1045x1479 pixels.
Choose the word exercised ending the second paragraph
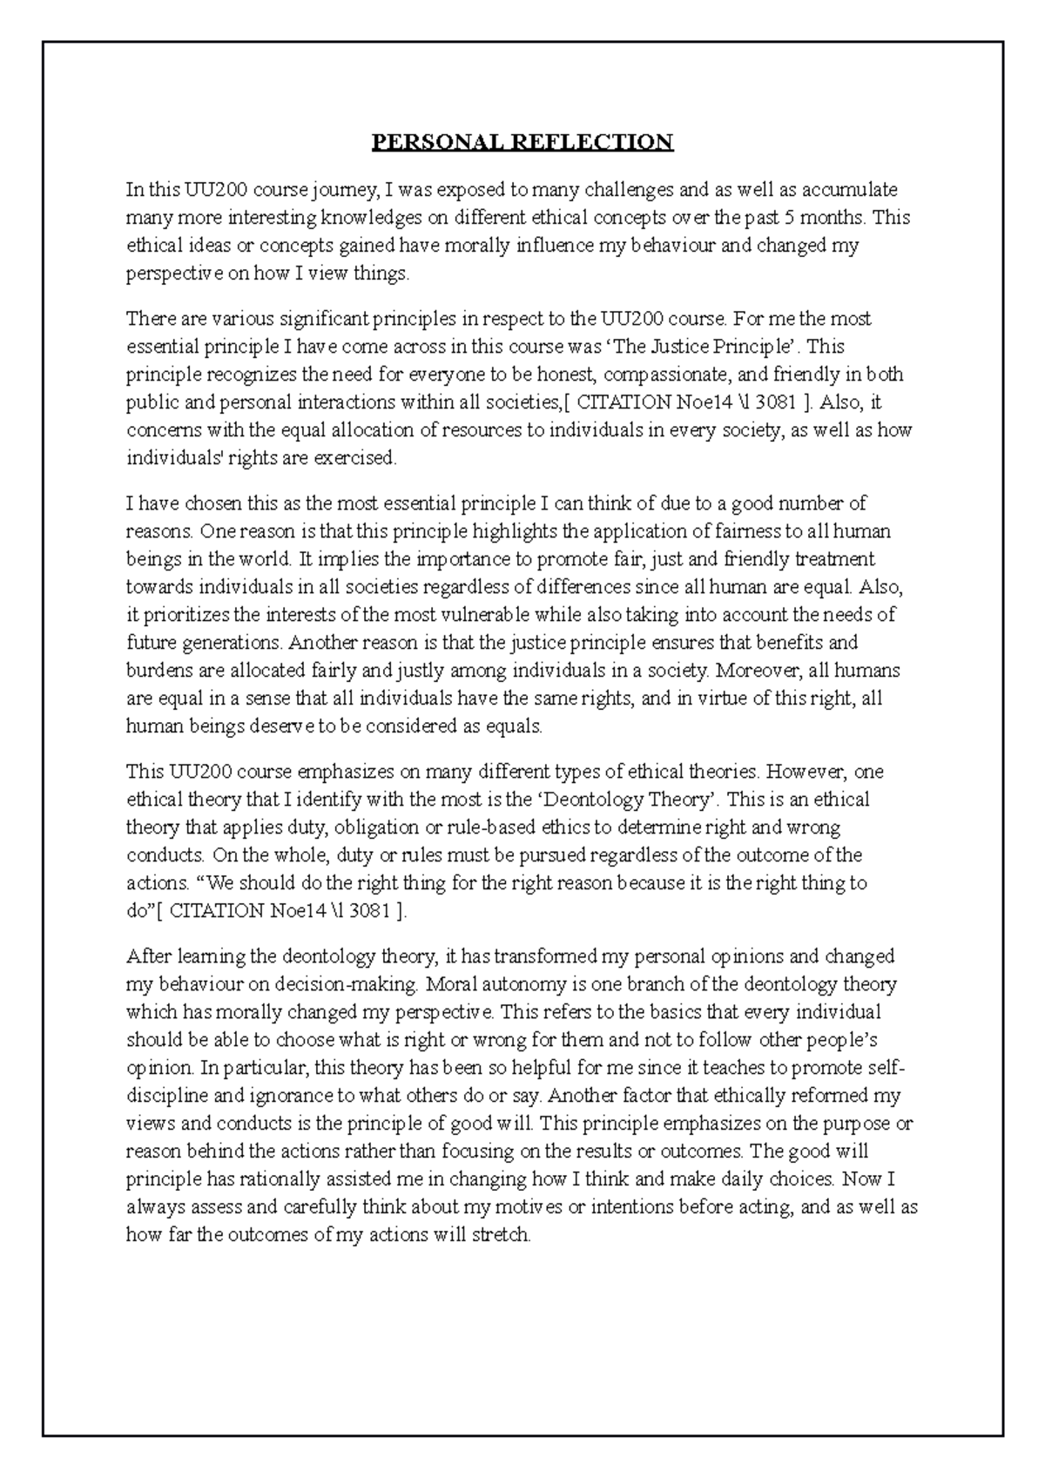coord(361,458)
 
